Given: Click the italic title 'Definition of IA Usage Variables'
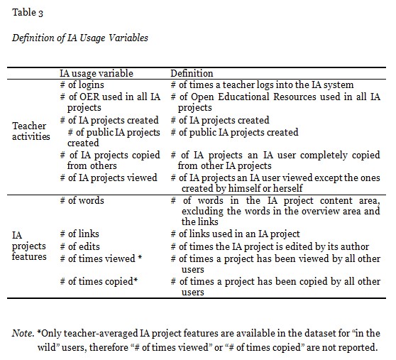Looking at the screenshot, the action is pos(80,38).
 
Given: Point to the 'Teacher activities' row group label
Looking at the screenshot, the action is pos(29,131).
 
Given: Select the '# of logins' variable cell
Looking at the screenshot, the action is pos(82,84).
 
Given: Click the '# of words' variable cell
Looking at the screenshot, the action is pos(82,201).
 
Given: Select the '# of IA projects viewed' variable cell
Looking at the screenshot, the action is pos(109,178).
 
